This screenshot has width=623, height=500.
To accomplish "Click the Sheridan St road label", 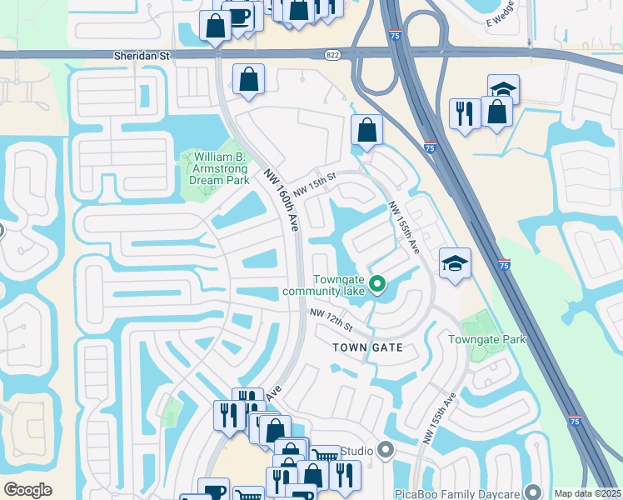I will coord(141,55).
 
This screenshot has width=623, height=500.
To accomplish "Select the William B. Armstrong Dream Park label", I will coord(222,167).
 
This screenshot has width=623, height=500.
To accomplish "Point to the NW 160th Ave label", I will coord(281,200).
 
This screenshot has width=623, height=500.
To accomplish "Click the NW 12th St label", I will coord(332,317).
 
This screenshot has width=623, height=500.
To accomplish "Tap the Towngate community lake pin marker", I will coord(377,285).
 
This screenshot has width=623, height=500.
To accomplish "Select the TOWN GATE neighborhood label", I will coord(367,347).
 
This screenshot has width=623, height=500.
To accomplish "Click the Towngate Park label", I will coord(487,339).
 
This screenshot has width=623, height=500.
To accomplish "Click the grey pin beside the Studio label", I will coord(385,451).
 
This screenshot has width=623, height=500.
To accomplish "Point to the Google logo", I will coord(28,490).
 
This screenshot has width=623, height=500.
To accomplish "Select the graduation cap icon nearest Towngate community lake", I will coord(455,264).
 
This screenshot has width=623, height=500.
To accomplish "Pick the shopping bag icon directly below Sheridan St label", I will coord(248,80).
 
